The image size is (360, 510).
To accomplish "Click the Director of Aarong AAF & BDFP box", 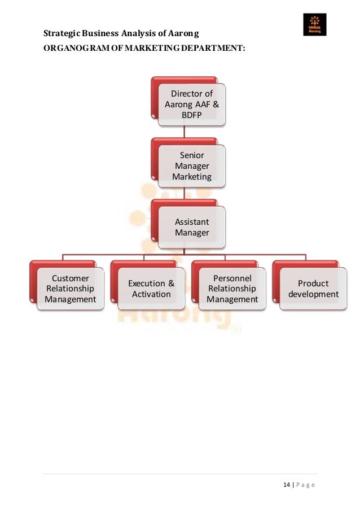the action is click(192, 104).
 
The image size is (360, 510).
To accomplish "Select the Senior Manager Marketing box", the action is click(192, 166).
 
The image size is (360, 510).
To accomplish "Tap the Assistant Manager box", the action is click(192, 228).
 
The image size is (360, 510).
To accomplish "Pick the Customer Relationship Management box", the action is click(71, 289).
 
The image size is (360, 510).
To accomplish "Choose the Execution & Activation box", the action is click(151, 289).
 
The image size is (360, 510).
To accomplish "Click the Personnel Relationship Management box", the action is click(232, 289).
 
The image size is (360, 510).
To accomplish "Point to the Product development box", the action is click(313, 289).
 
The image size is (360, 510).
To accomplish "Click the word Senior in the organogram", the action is click(192, 155).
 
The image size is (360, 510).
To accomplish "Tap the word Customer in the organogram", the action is click(71, 278).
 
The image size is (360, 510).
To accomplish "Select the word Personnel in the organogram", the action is click(232, 278).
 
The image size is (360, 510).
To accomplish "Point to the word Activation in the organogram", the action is click(151, 294).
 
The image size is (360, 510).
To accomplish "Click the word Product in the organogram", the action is click(313, 283).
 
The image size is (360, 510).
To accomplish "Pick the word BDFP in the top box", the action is click(192, 115).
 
